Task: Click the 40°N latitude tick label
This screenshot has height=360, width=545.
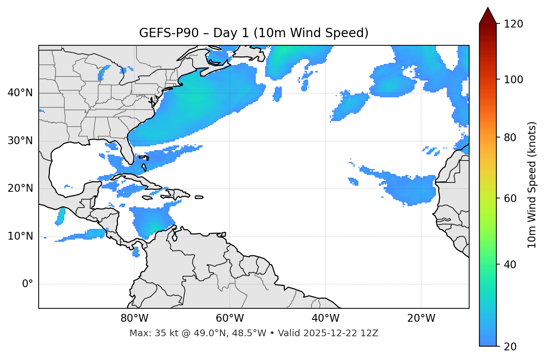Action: [20, 93]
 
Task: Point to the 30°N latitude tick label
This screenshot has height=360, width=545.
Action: [20, 141]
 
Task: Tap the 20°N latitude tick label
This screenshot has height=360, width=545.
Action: [20, 188]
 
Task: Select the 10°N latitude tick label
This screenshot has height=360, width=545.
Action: [20, 236]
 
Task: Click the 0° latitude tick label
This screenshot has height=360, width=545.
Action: [28, 284]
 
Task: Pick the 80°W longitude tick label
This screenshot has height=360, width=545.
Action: [134, 318]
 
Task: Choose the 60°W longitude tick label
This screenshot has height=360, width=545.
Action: [230, 318]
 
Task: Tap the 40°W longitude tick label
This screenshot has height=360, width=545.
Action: [325, 318]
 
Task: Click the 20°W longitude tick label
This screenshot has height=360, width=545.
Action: [421, 318]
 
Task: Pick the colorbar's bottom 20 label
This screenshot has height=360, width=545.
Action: [509, 347]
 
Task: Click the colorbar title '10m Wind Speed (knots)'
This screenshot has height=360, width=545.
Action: [532, 185]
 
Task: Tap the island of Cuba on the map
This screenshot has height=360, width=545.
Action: [134, 179]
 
